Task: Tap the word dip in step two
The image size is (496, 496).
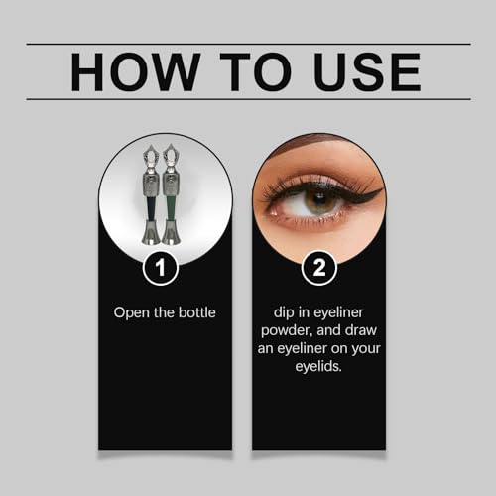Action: [x=277, y=312]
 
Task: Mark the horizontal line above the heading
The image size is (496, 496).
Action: [x=248, y=44]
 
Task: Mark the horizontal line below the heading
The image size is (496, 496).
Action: [x=248, y=99]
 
